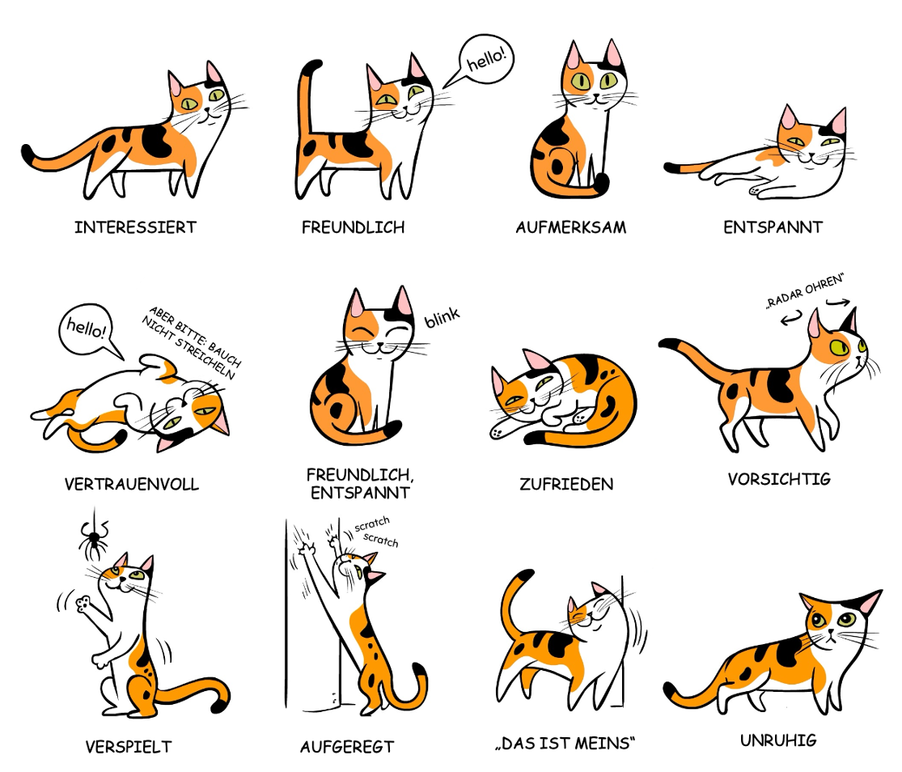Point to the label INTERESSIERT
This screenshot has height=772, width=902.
(135, 227)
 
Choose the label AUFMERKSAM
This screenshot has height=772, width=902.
(570, 227)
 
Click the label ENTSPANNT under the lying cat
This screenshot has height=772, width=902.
(773, 227)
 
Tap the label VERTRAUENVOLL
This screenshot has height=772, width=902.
(131, 485)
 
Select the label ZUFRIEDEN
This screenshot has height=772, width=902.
(566, 485)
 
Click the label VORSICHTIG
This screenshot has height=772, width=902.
(779, 479)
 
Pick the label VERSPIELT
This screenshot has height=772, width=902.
(129, 746)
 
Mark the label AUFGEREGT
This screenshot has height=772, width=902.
(347, 746)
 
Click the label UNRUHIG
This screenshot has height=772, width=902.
(778, 740)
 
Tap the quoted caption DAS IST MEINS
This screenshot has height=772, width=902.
(565, 744)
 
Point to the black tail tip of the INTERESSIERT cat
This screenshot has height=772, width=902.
(30, 154)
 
